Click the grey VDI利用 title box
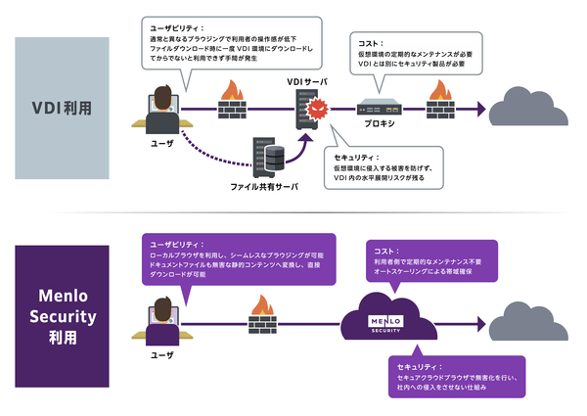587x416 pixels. tap(62, 106)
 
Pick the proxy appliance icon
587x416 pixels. tap(382, 103)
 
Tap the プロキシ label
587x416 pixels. tap(382, 124)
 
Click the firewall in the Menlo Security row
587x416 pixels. tap(261, 314)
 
